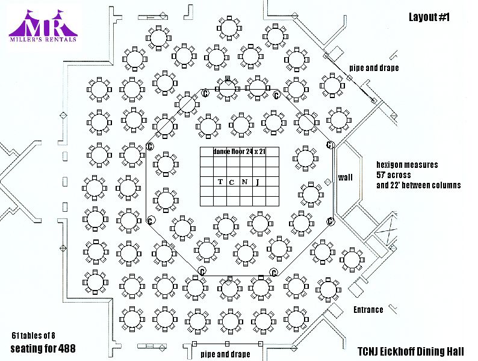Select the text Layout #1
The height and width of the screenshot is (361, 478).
(430, 17)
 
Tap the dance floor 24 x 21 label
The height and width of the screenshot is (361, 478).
(239, 152)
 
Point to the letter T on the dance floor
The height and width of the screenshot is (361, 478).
(220, 182)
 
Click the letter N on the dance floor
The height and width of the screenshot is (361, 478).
(244, 182)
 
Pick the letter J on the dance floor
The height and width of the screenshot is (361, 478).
(258, 182)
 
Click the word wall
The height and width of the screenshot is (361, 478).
(345, 177)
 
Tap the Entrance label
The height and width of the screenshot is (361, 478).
(368, 310)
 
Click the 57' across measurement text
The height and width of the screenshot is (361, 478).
(394, 174)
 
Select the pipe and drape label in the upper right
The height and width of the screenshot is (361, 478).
(373, 68)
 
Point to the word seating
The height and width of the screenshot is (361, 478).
(26, 348)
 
